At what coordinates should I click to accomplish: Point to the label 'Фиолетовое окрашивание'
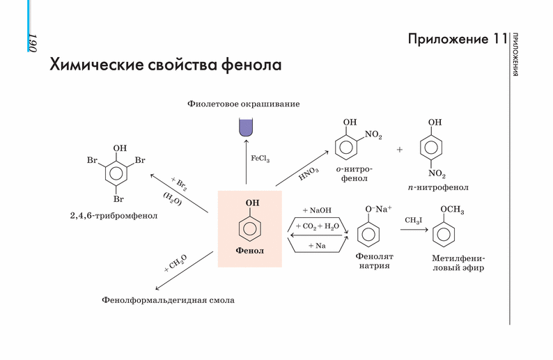243,104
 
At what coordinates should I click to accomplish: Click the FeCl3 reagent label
260,159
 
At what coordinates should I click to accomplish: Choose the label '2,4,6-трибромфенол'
114,216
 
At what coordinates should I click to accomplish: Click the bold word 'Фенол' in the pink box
250,249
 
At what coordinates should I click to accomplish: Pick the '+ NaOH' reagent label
317,210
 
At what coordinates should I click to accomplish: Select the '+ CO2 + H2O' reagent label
317,226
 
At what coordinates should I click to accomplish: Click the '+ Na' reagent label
317,245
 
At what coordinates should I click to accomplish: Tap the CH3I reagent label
413,221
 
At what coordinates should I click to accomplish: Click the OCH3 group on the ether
451,210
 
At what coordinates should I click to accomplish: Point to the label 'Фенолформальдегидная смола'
168,301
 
